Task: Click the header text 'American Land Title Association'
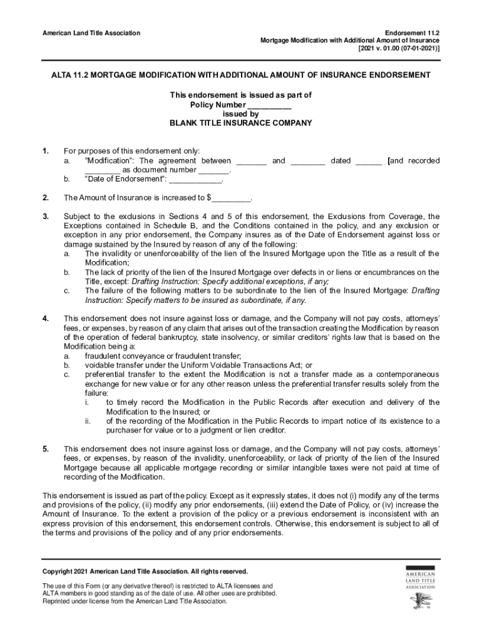click(x=91, y=33)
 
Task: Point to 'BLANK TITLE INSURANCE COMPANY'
click(x=241, y=123)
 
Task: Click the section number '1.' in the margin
click(x=46, y=151)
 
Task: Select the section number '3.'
click(x=46, y=217)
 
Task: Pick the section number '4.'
click(x=46, y=318)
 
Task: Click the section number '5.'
click(x=46, y=449)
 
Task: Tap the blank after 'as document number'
click(x=215, y=170)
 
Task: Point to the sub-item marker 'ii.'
click(x=88, y=421)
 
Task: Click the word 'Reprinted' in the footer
click(x=57, y=602)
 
